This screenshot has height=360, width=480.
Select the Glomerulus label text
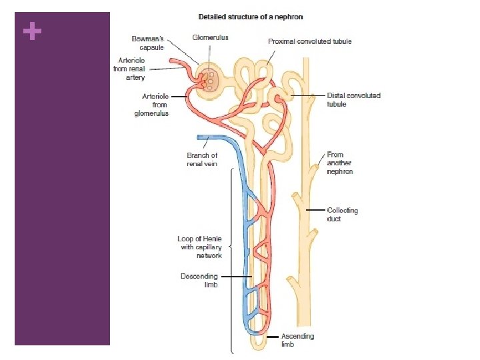(210, 38)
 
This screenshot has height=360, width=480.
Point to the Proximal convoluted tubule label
(309, 41)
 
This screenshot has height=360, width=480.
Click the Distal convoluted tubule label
(353, 99)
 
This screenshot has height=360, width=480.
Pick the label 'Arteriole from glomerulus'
(151, 105)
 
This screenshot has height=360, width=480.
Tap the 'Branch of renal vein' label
(202, 160)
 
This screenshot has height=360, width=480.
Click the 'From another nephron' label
(339, 163)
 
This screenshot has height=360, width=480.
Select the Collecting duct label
(342, 214)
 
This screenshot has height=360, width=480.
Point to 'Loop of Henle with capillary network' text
(199, 247)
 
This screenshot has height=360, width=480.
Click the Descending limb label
(199, 280)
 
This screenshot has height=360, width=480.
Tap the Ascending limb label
(297, 340)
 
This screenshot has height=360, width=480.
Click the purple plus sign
(31, 31)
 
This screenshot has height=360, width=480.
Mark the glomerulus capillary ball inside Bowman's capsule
(211, 78)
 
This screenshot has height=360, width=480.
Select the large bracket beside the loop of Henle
(231, 260)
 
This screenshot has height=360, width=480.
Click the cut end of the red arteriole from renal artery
(172, 63)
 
